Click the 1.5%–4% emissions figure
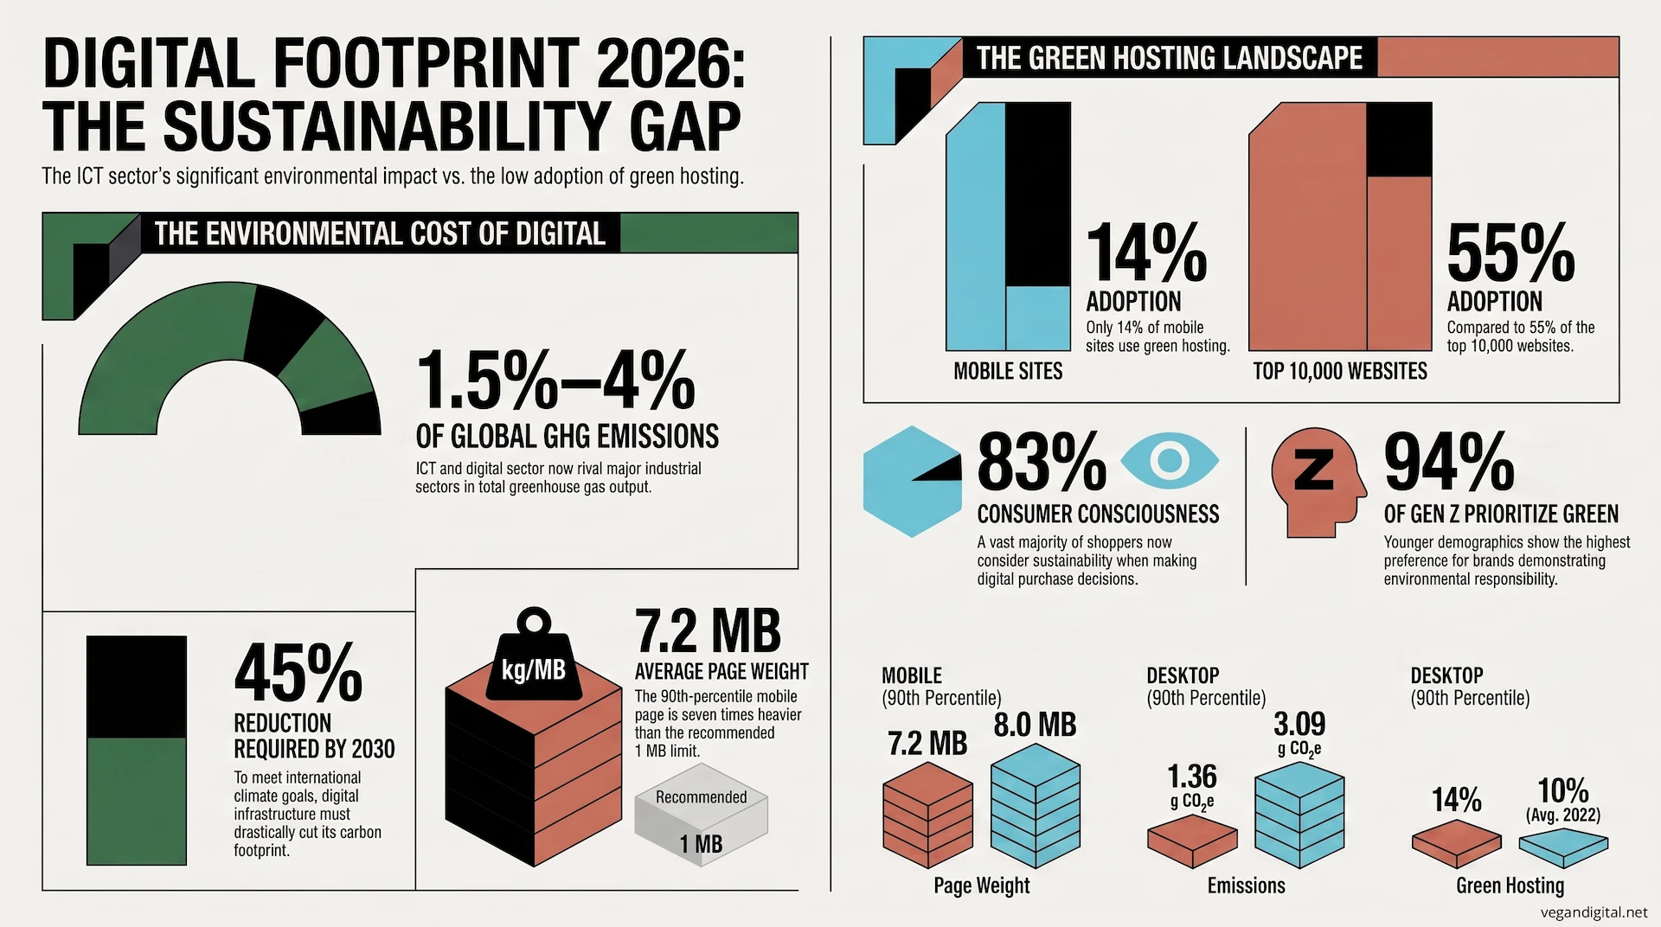point(555,380)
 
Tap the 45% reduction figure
point(298,673)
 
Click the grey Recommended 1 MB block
point(702,823)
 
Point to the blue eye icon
point(1170,460)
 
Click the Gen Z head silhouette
point(1318,483)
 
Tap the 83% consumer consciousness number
point(1042,463)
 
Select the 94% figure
point(1449,463)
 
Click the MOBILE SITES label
point(1008,372)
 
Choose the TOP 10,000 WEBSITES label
point(1340,372)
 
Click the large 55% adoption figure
point(1510,253)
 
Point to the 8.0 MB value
point(1035,725)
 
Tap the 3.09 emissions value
point(1299,724)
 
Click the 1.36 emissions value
point(1192,777)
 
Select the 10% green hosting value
point(1563,790)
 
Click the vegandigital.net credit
point(1594,912)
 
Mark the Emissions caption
point(1247,885)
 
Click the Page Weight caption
point(982,886)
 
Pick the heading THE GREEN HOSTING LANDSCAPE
point(1170,58)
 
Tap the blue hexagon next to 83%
point(912,482)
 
